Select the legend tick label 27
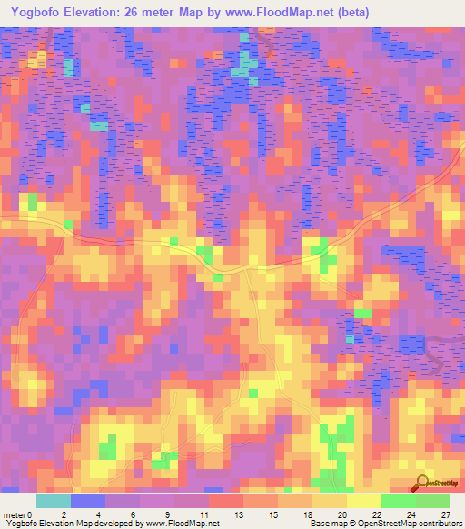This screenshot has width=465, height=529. tap(446, 514)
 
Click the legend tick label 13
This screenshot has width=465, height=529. tap(239, 514)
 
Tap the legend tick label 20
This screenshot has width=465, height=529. tap(342, 514)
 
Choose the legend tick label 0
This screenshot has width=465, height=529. tap(31, 514)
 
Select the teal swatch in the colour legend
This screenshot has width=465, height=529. tap(54, 501)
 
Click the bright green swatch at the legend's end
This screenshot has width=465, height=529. tap(433, 501)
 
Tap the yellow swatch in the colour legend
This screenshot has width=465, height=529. tap(364, 501)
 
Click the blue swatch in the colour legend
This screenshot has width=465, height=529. tap(88, 501)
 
